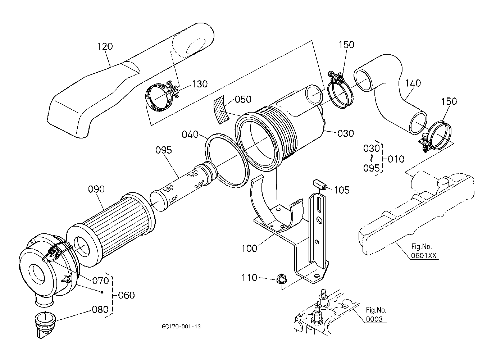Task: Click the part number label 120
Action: [105, 46]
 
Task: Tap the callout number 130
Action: [200, 84]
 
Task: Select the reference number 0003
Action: [374, 319]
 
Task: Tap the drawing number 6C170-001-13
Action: [181, 327]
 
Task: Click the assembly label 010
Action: [396, 159]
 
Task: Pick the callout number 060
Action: [126, 295]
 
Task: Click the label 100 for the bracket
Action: [250, 248]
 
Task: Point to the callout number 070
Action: [101, 280]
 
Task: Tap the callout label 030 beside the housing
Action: [346, 133]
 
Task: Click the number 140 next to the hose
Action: [413, 83]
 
